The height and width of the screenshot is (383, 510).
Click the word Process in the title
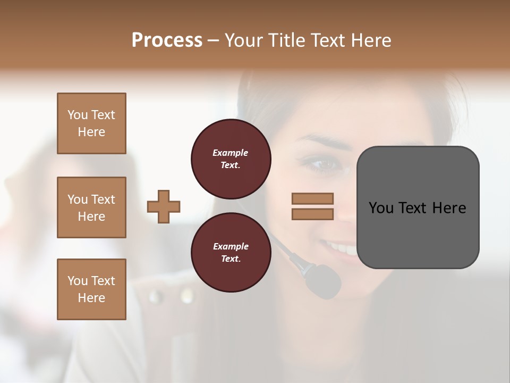click(x=167, y=40)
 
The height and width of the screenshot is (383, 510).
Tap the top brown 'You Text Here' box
click(x=91, y=123)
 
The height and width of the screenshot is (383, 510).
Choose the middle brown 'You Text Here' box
click(x=91, y=207)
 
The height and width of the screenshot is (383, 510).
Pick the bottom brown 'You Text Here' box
click(x=91, y=289)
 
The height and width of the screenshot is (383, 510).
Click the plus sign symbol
click(x=164, y=206)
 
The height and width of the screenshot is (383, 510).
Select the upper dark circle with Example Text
click(x=231, y=159)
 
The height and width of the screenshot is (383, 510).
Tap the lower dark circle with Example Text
click(x=231, y=253)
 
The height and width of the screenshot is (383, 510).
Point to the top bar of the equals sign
click(x=313, y=198)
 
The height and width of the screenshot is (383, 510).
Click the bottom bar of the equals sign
click(x=313, y=214)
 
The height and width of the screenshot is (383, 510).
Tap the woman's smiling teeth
click(x=343, y=248)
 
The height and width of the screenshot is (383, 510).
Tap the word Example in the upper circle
click(x=230, y=153)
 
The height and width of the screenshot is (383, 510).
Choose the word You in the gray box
click(x=381, y=208)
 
